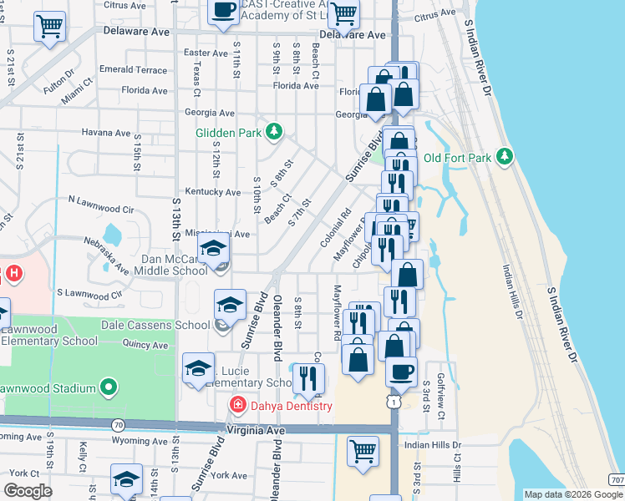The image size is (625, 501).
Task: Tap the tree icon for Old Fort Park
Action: click(x=503, y=156)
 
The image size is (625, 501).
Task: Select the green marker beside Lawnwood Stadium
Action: click(x=108, y=387)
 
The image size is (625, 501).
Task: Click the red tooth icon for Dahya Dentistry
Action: click(x=238, y=406)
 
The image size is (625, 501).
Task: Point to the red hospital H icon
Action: click(x=13, y=273)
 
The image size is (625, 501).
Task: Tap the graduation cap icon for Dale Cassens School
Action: click(x=231, y=304)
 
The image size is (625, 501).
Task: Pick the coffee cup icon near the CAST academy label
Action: click(x=223, y=10)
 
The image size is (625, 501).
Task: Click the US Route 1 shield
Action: click(x=392, y=402)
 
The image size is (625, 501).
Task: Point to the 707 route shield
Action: click(x=616, y=479)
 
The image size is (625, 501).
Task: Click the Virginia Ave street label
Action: click(x=256, y=430)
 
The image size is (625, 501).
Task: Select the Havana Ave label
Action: click(x=105, y=133)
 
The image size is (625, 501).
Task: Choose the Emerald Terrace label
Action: click(x=133, y=70)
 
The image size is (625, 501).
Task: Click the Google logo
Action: click(x=28, y=490)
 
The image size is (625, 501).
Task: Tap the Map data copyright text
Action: click(x=572, y=494)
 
